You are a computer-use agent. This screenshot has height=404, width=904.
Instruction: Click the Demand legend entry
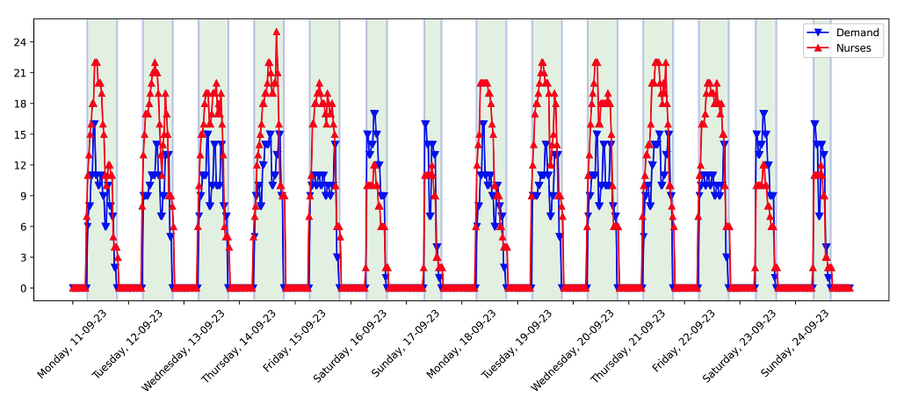[857, 32]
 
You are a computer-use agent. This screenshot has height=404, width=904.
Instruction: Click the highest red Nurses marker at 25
[277, 32]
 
